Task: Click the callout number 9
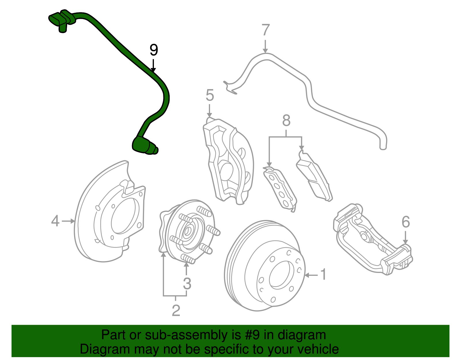click(x=154, y=50)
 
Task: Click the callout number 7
click(x=266, y=30)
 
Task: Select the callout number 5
click(x=210, y=95)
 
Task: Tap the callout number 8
click(x=286, y=120)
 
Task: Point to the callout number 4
click(x=55, y=221)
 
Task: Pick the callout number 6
click(x=406, y=222)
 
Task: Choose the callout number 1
click(x=324, y=274)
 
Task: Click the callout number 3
click(x=187, y=284)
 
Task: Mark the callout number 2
click(x=176, y=310)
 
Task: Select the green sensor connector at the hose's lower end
click(x=144, y=146)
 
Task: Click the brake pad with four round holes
click(x=280, y=189)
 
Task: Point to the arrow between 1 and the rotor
click(x=311, y=275)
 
